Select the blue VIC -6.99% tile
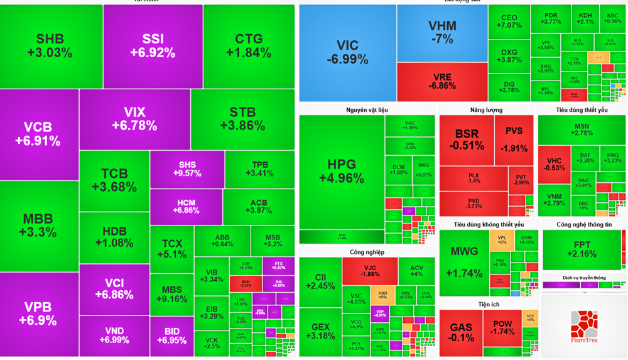tap(347, 53)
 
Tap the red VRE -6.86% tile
tap(442, 82)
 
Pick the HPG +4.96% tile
tap(341, 172)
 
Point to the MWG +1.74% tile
tap(463, 262)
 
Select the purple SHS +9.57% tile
tap(187, 169)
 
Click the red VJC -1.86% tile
tap(370, 271)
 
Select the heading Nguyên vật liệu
tap(367, 110)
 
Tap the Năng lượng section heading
tap(486, 110)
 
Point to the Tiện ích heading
tap(488, 304)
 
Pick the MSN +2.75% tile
tap(582, 129)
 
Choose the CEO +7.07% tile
tap(509, 21)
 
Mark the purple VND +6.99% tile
tap(114, 335)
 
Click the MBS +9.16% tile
tap(171, 294)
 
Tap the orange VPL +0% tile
tap(501, 241)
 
